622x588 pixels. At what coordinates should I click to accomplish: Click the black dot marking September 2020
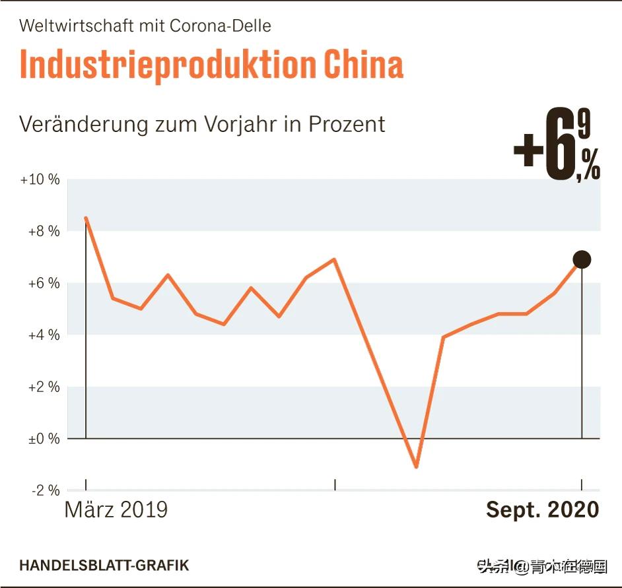coord(582,259)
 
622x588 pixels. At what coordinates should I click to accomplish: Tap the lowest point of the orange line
coord(416,467)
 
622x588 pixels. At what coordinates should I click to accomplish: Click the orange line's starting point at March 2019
coord(86,218)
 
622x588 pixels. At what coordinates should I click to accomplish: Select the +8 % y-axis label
coord(44,232)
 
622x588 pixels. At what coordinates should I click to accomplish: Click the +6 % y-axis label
coord(44,283)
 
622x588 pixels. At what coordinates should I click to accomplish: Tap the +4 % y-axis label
coord(44,335)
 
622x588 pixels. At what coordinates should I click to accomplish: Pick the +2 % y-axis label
coord(44,387)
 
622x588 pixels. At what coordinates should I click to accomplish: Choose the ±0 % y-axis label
coord(44,439)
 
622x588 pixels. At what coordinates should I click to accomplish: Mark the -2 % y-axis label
coord(46,490)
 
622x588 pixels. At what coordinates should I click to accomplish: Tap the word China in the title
coord(364,65)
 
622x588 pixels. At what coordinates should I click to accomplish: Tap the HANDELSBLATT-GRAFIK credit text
coord(104,566)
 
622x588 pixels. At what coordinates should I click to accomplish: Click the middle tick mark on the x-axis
coord(335,485)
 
